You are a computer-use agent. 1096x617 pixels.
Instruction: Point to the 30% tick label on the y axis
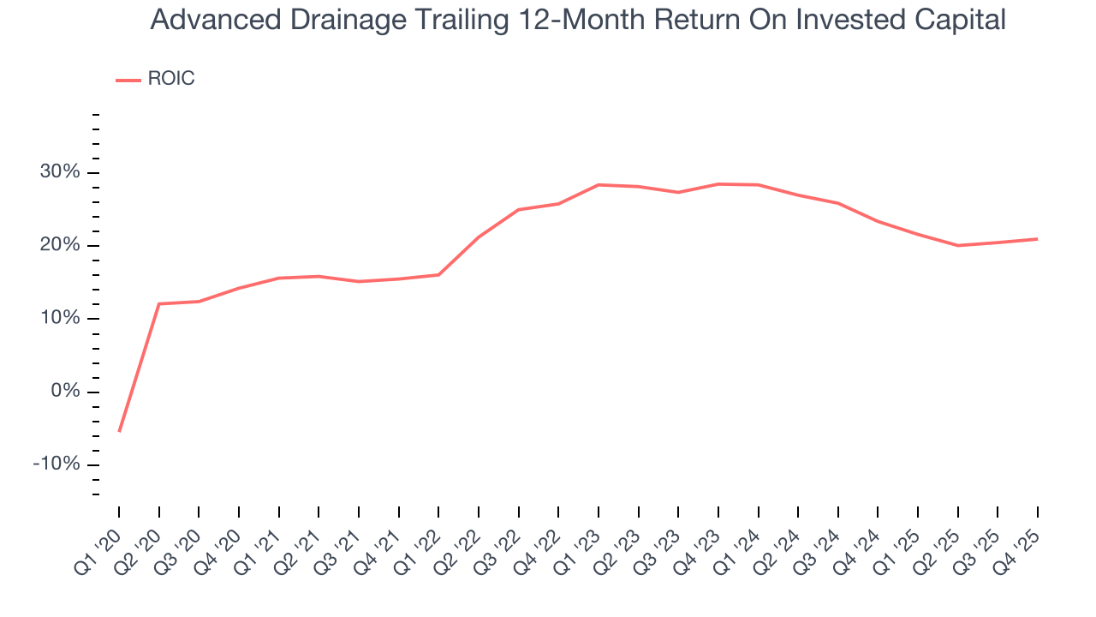(60, 172)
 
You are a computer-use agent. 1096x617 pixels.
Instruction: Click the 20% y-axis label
(60, 246)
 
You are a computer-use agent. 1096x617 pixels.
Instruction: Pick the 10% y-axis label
(60, 319)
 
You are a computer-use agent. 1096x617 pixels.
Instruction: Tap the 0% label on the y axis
(65, 392)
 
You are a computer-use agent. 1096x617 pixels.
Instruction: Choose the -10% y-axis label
(57, 464)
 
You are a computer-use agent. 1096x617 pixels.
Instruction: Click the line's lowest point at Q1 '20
(119, 431)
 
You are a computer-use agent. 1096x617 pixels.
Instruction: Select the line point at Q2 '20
(159, 303)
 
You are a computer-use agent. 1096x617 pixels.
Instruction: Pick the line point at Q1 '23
(599, 184)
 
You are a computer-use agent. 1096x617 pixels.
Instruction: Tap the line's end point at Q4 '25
(1038, 239)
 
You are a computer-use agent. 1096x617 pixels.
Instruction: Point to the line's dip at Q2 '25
(958, 245)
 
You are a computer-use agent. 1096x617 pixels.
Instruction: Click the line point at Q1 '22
(438, 275)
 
